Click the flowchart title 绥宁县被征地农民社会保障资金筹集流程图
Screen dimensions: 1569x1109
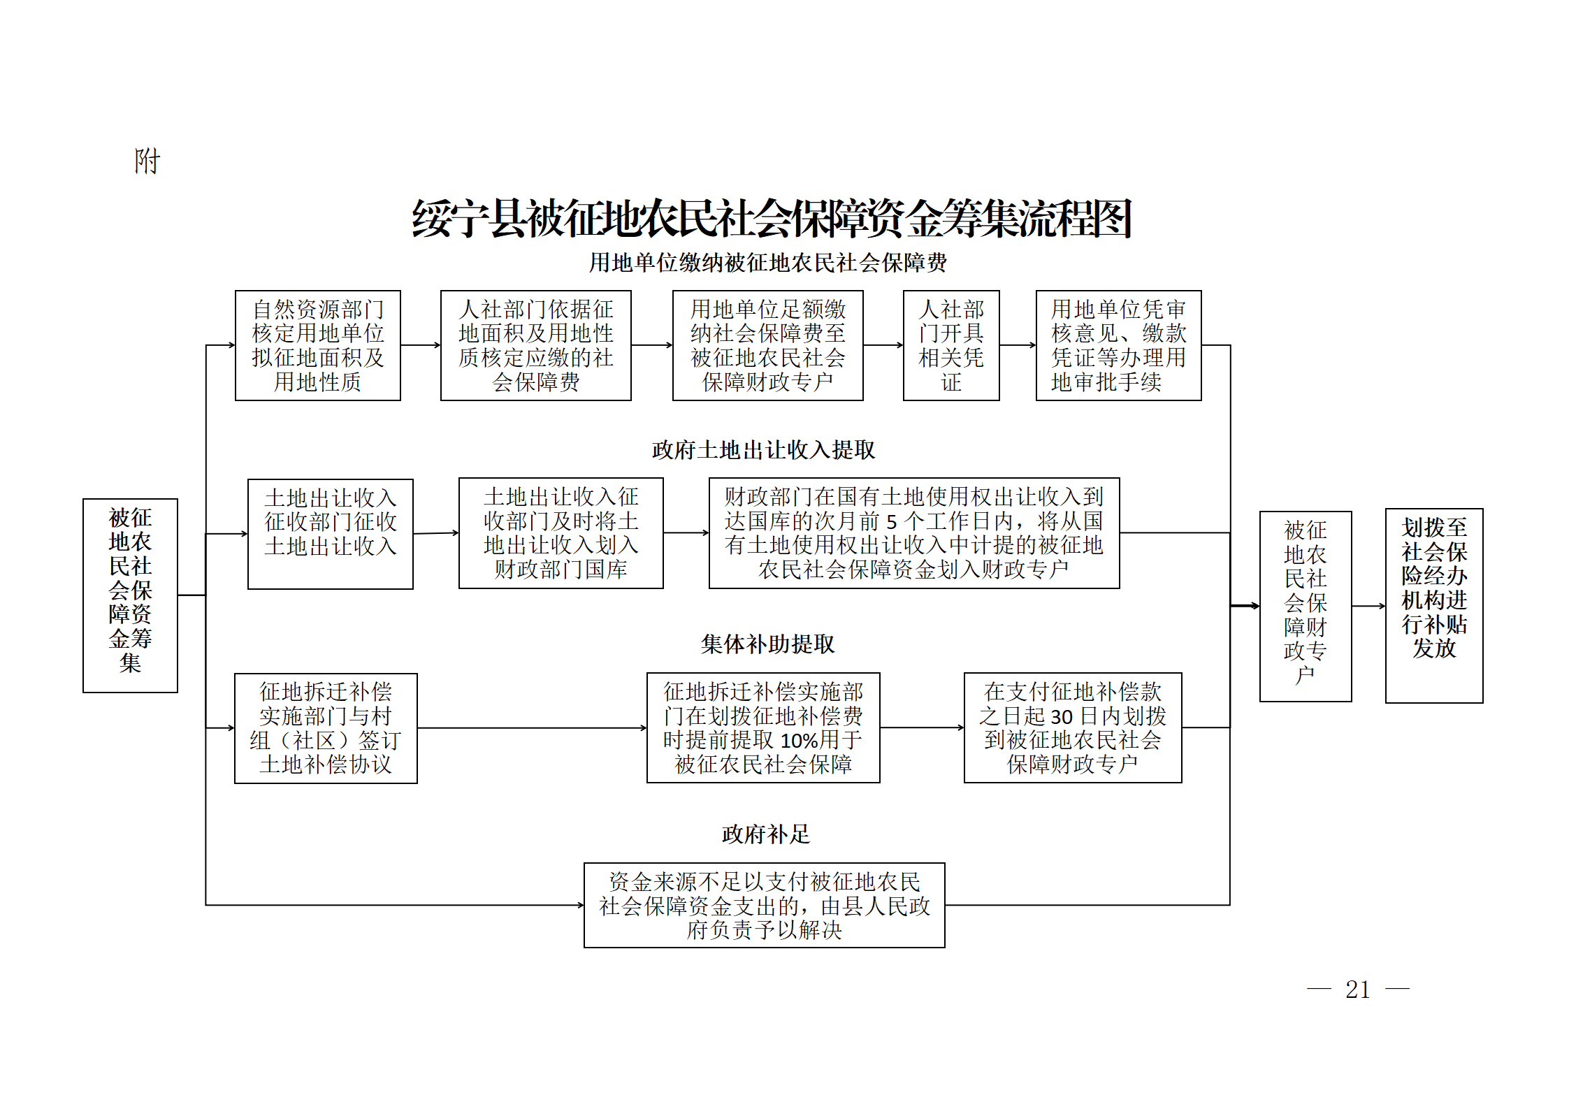tap(772, 219)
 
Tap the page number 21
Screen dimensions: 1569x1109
tap(1358, 989)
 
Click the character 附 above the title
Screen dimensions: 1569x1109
tap(147, 161)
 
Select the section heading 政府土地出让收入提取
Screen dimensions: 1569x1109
tap(763, 450)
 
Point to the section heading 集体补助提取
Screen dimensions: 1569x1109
tap(767, 644)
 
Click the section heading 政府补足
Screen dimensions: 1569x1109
tap(766, 834)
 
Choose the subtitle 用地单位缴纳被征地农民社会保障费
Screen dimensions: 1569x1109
tap(767, 263)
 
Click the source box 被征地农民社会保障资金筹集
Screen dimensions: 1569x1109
tap(131, 595)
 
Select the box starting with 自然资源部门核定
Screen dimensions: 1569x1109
tap(318, 345)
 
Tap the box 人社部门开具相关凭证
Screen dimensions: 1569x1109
tap(951, 345)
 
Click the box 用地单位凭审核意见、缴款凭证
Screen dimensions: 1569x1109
tap(1118, 345)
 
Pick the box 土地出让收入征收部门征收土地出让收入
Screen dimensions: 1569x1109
tap(331, 534)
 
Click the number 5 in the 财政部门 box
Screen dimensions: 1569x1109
tap(891, 522)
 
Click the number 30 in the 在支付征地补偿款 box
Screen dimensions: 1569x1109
tap(1062, 716)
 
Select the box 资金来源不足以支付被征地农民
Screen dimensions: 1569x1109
tap(765, 905)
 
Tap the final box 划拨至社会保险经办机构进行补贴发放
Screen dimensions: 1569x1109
tap(1434, 606)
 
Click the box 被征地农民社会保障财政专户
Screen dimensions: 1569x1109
tap(1306, 607)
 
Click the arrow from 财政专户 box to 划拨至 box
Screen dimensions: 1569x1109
tap(1368, 606)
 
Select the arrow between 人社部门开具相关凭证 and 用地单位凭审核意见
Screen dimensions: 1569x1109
tap(1018, 345)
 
